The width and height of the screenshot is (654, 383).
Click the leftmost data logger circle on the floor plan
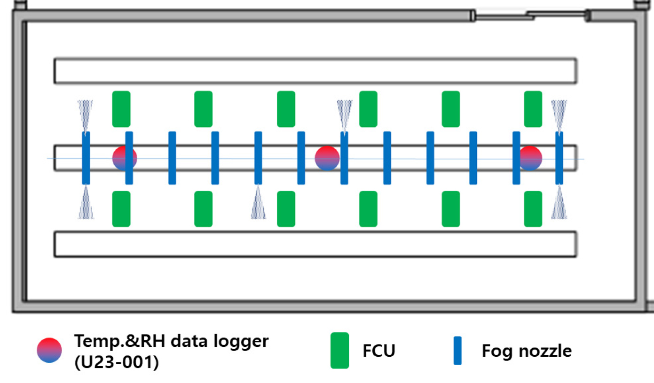pos(125,158)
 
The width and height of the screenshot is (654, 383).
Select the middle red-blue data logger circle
pos(327,158)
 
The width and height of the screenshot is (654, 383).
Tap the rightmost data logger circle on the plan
pos(530,158)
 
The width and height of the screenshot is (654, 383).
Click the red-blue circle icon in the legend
pos(49,350)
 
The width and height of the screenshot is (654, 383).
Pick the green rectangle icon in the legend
pos(339,350)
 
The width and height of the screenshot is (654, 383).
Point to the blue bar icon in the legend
pos(457,350)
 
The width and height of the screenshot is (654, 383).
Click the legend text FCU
pos(379,351)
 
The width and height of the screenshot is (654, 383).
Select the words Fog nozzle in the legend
pos(527,351)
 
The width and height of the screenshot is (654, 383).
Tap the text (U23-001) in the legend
pos(116,363)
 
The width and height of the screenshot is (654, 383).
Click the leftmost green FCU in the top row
pos(121,109)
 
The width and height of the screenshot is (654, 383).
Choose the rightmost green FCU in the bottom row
pos(533,209)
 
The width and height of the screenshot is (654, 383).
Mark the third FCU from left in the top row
pos(286,109)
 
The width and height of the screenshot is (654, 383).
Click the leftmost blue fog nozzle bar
pos(86,158)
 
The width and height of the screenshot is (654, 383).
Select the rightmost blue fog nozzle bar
pos(559,158)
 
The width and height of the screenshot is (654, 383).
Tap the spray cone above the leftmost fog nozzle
pos(86,115)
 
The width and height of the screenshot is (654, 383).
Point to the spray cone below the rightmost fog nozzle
pos(559,203)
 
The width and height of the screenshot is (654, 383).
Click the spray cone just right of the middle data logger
pos(345,115)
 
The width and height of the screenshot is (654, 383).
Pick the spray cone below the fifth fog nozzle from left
pos(258,203)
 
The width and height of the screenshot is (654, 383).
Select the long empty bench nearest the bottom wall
pos(315,244)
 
